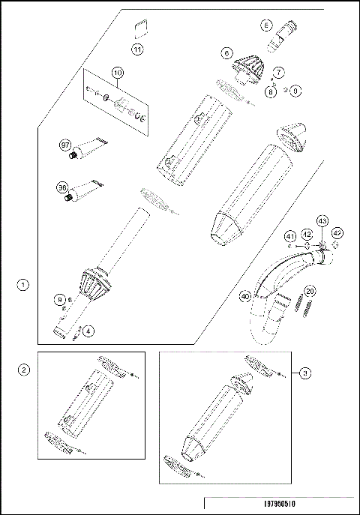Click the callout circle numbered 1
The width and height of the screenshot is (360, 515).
click(24, 285)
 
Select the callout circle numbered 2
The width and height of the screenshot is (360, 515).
click(24, 370)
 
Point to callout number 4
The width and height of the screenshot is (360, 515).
click(89, 330)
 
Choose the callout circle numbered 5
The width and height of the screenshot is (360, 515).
click(266, 25)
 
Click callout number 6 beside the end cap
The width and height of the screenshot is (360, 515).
click(226, 53)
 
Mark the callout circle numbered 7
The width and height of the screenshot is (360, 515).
click(278, 72)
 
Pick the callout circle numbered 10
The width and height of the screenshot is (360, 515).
click(117, 72)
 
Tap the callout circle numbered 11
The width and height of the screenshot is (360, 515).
click(137, 49)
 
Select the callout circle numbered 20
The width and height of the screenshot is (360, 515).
click(310, 292)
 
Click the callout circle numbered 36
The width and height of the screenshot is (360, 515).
click(64, 188)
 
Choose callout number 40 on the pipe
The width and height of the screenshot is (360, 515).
click(244, 296)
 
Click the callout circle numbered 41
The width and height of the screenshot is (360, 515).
click(289, 238)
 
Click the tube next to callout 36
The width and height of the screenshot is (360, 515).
click(85, 191)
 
